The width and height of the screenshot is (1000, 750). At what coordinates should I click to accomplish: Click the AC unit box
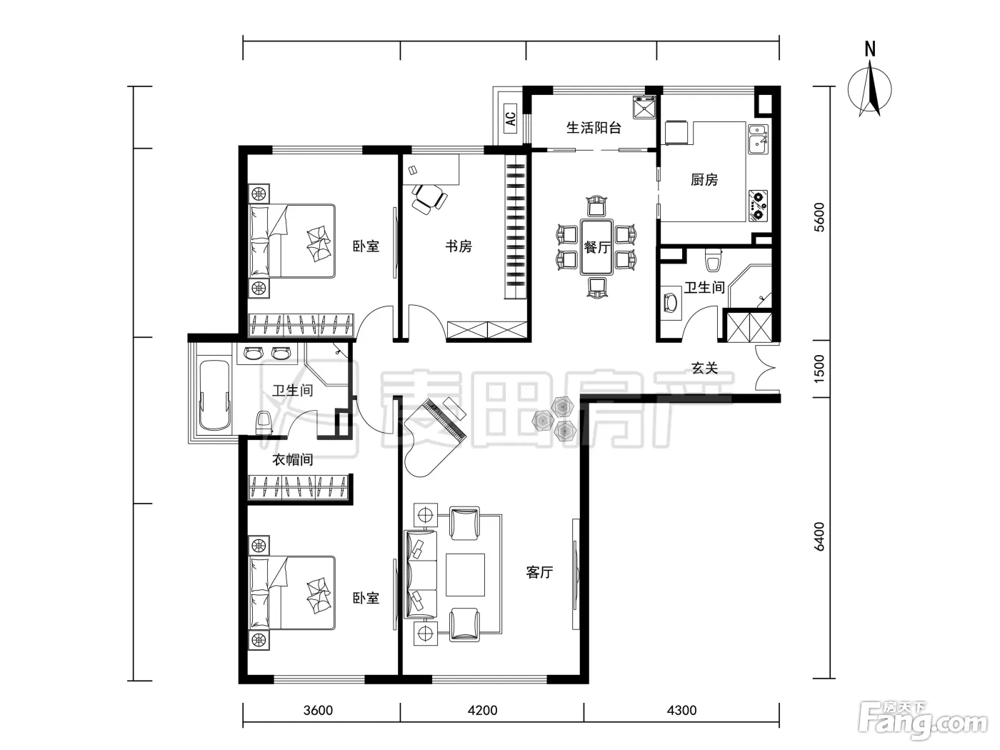point(511,118)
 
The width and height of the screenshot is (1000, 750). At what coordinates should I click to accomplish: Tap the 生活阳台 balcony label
point(594,128)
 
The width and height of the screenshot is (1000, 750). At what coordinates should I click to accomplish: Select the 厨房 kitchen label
point(704,180)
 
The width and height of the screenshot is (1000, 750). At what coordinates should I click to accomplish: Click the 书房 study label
point(459,246)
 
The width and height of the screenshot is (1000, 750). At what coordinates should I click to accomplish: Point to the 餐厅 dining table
point(596,247)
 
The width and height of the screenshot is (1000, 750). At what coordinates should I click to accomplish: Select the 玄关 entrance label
point(704,368)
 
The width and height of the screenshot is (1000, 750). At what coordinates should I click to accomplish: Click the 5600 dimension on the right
point(819,217)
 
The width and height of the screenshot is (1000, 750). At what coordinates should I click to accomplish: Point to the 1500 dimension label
point(819,369)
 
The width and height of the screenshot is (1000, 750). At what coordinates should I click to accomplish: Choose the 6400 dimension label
point(819,537)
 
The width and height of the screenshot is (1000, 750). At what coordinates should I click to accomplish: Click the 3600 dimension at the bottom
point(318,711)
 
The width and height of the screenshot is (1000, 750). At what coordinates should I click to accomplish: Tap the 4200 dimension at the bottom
point(482,711)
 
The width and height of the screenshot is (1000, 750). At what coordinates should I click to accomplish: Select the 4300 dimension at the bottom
point(681,711)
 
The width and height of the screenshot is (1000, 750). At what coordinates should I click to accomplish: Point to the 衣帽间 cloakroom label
point(292,460)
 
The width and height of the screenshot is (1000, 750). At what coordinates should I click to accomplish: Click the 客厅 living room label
point(539,572)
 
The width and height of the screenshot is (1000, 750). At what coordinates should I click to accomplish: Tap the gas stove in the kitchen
point(758,206)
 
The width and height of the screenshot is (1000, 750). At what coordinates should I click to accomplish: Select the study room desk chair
point(429,199)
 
